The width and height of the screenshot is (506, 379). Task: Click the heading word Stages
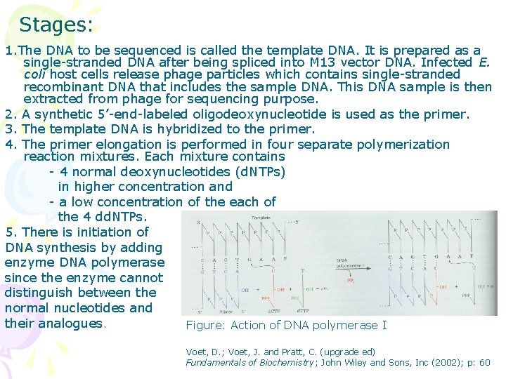tap(56, 25)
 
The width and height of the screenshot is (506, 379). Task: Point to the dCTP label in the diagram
tap(273, 312)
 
